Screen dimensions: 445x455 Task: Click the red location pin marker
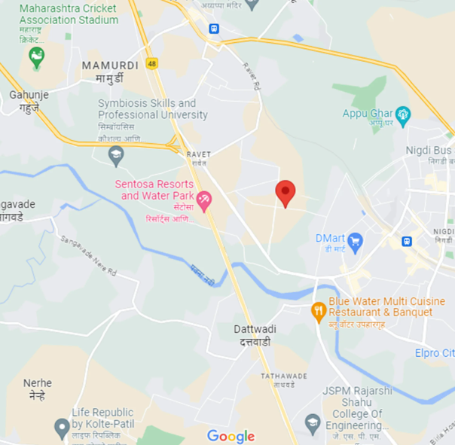[285, 192]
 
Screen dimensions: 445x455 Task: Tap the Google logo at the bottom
[231, 436]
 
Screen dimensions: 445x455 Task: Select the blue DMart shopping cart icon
[355, 242]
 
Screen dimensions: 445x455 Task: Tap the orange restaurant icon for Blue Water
[319, 309]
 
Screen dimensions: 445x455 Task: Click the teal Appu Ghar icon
[404, 114]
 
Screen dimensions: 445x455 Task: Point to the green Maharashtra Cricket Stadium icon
[35, 56]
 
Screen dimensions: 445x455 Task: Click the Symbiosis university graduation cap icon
[115, 156]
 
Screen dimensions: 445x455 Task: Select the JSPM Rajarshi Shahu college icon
[313, 422]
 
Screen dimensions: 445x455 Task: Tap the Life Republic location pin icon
[62, 428]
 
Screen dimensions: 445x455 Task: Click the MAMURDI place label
[110, 66]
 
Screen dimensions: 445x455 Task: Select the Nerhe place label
[38, 383]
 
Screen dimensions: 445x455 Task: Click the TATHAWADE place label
[284, 376]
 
